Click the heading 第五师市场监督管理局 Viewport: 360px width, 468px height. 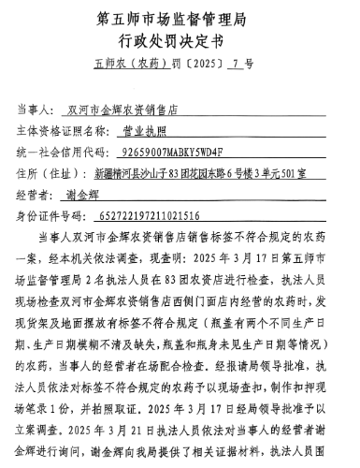click(180, 18)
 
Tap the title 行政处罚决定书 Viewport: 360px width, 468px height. click(180, 40)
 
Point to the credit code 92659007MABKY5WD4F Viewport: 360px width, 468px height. click(165, 151)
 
